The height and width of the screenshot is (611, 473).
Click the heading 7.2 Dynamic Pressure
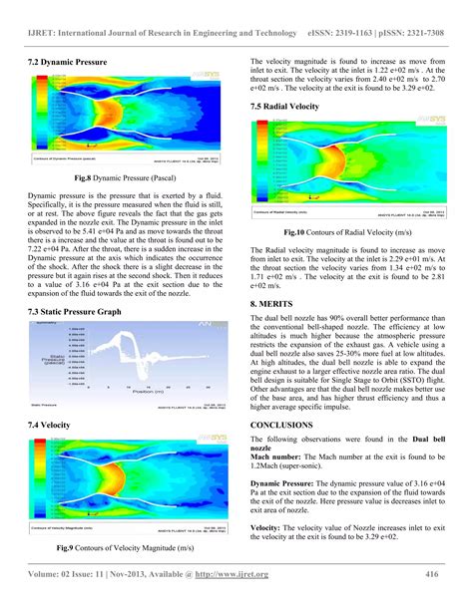point(67,63)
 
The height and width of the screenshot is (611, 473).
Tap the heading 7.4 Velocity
point(55,426)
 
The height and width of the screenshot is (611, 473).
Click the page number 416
point(433,574)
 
